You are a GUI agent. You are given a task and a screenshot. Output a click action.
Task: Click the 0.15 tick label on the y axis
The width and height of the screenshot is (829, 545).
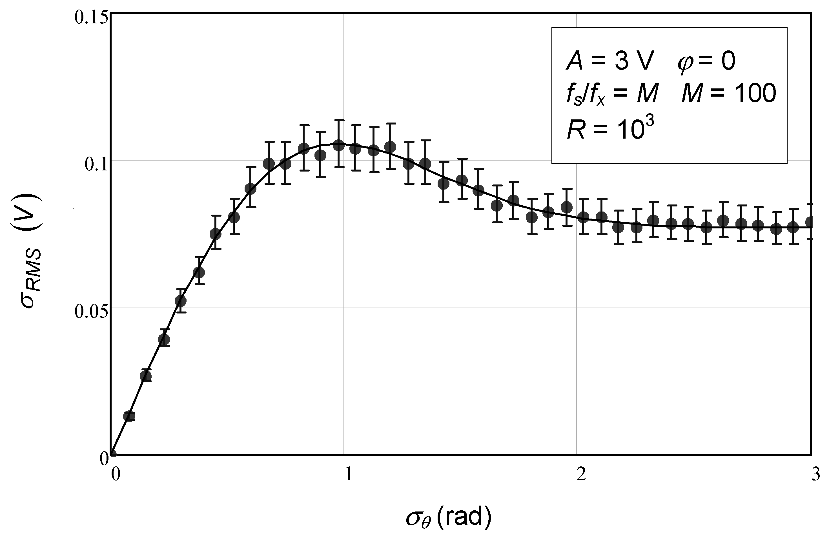pos(90,17)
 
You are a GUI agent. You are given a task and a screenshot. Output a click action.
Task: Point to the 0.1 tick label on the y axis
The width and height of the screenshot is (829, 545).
pos(96,164)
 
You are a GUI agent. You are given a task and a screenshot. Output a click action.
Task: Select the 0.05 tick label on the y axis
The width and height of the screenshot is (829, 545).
pos(90,312)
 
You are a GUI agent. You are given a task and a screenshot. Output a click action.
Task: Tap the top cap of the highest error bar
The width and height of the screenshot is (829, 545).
pos(339,120)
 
